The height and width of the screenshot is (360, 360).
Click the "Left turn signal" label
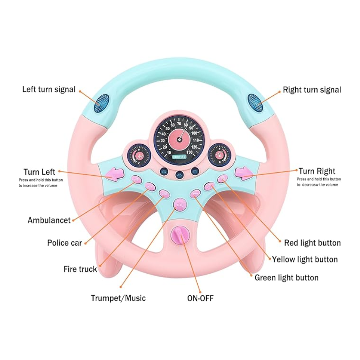49,89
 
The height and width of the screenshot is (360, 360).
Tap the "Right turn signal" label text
312,90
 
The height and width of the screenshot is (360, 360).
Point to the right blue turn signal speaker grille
254,102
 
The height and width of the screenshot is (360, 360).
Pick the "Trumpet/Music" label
118,298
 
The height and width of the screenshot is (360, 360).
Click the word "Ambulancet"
49,220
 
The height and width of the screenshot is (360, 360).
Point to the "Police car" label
64,243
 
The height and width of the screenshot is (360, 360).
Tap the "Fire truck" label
80,269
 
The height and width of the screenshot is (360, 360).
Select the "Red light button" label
312,243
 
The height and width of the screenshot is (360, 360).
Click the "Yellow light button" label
305,260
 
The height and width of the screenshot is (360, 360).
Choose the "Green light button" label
287,278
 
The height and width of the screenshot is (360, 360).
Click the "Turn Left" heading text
39,172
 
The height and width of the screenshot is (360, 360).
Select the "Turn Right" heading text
317,171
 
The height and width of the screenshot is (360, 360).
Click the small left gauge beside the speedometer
139,156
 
